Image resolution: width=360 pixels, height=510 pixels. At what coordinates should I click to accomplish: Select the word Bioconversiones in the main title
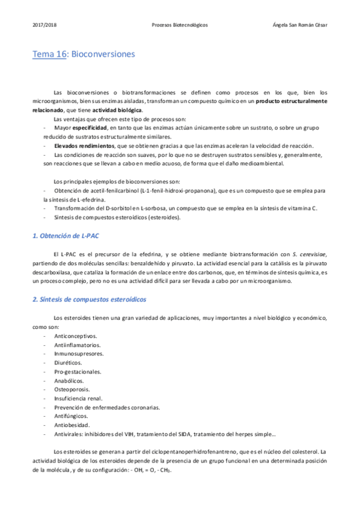(x=103, y=54)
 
